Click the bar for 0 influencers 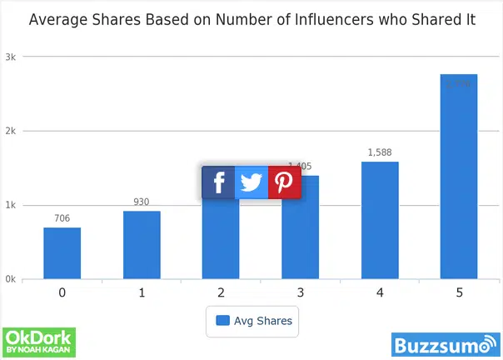point(62,253)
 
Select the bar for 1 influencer point(142,245)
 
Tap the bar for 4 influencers point(380,220)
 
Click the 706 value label point(62,218)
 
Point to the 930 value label point(142,202)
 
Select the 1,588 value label point(380,152)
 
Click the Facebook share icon point(218,182)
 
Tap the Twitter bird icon point(251,182)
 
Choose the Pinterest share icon point(284,182)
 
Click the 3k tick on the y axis point(12,57)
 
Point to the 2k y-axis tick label point(12,131)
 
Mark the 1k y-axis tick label point(12,205)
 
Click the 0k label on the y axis point(12,279)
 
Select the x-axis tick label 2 point(221,293)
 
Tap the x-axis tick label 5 point(459,293)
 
